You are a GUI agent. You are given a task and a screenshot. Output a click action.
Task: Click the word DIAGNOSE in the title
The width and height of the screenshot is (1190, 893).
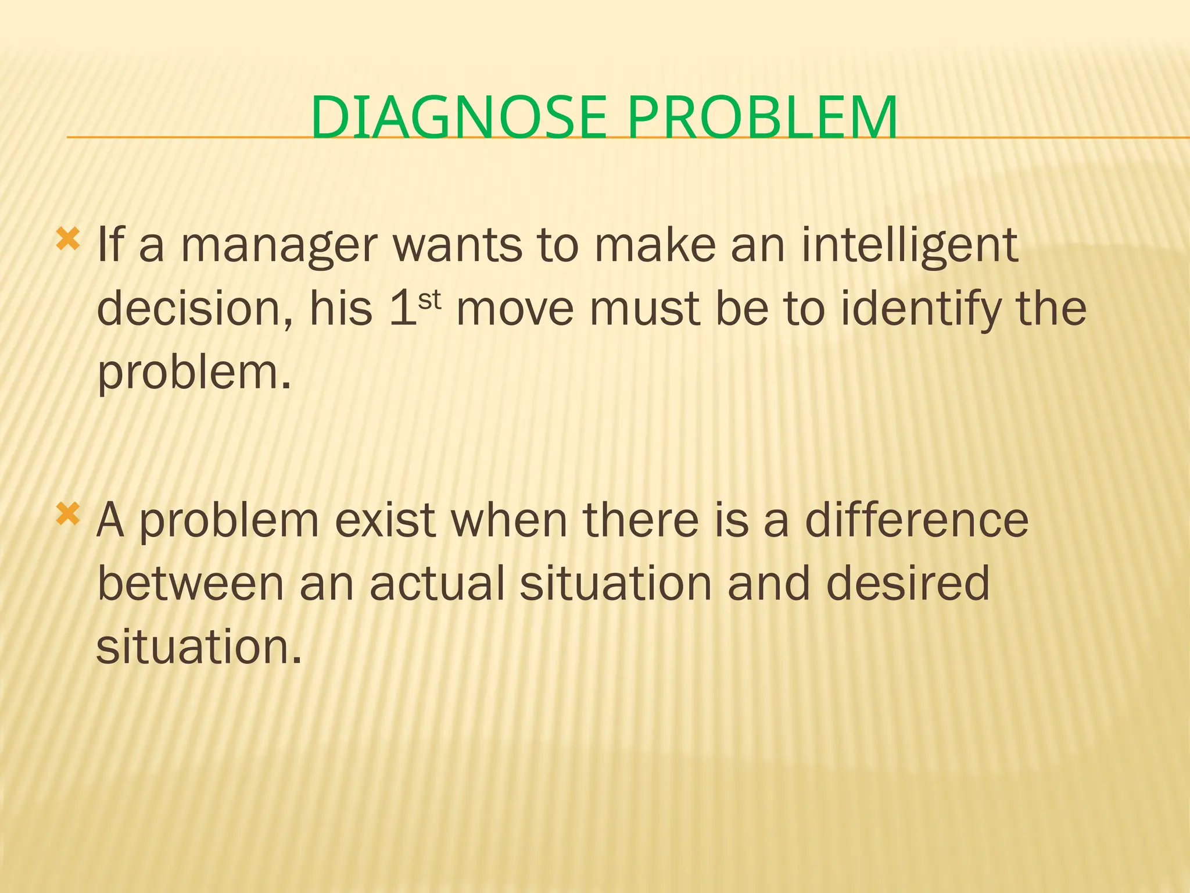click(459, 118)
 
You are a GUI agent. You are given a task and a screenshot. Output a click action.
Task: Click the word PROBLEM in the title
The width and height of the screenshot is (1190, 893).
click(762, 118)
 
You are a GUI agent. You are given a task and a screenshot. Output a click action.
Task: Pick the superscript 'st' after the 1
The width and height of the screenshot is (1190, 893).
click(430, 300)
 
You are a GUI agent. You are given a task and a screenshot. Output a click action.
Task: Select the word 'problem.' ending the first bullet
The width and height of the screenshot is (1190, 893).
click(193, 373)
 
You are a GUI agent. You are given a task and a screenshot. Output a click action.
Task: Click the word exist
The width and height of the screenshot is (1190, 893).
click(385, 520)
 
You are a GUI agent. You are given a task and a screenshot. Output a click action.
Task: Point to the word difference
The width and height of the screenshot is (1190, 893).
click(916, 520)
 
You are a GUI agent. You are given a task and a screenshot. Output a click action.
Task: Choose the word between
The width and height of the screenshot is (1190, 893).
click(191, 584)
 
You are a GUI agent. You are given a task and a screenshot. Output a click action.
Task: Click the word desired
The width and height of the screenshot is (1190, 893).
click(908, 584)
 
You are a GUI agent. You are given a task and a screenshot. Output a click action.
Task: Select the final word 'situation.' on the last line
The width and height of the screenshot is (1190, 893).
click(199, 647)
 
